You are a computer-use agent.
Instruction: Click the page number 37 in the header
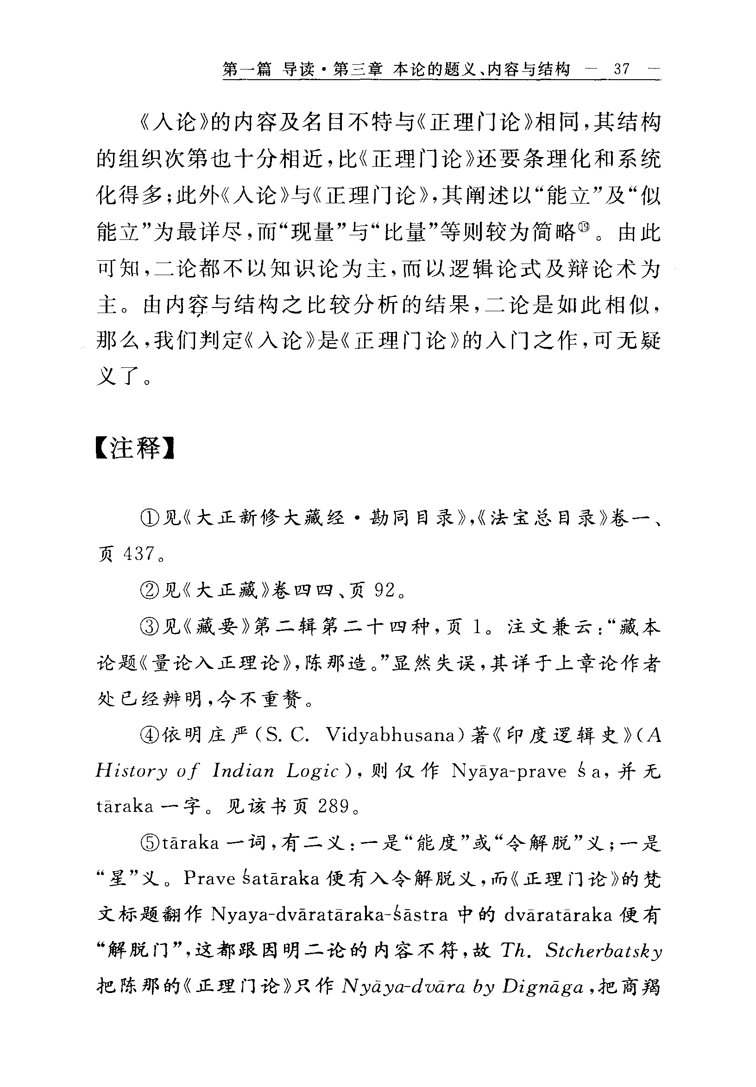pos(622,69)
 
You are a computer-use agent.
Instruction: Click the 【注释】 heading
pos(135,447)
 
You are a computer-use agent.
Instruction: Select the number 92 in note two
pos(384,590)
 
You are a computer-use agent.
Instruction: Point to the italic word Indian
pos(243,771)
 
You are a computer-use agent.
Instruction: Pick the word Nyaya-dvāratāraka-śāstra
pos(329,915)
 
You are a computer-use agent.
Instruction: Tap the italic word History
pos(132,772)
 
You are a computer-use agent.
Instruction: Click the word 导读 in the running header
pos(298,70)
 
